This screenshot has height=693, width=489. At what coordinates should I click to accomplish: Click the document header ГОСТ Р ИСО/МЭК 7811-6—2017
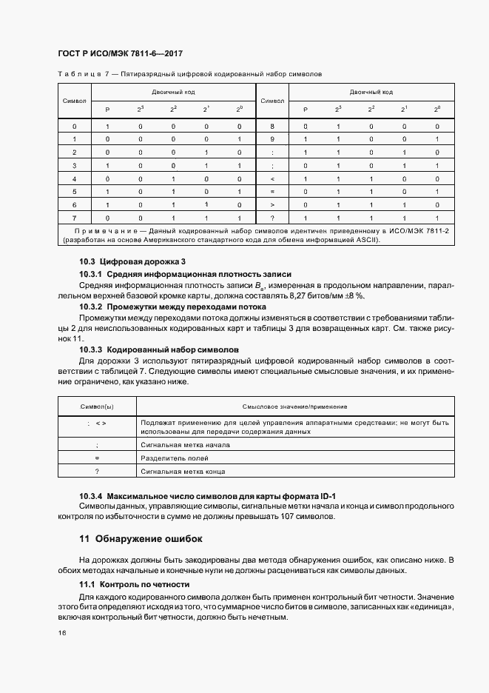[x=120, y=54]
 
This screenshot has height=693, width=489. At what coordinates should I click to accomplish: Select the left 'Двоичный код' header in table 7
[x=173, y=93]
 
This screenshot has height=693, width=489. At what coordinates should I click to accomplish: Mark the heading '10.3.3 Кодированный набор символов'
[x=160, y=349]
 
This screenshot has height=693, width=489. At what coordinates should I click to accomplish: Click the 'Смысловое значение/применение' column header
[x=294, y=407]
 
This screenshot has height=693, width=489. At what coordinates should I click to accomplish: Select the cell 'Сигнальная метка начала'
[x=185, y=445]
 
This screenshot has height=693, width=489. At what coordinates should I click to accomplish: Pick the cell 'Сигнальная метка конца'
[x=183, y=472]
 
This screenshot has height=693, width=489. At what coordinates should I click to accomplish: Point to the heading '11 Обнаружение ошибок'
[x=140, y=538]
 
